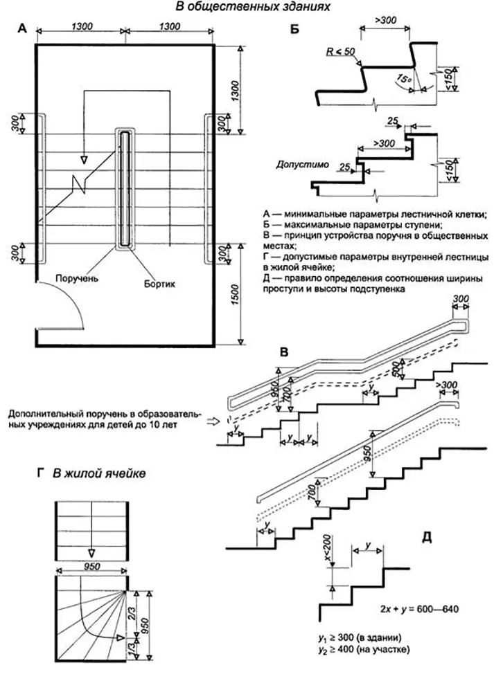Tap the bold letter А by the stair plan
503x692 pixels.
tap(24, 29)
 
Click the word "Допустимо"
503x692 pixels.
tap(299, 165)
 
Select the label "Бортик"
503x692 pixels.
tap(160, 283)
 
